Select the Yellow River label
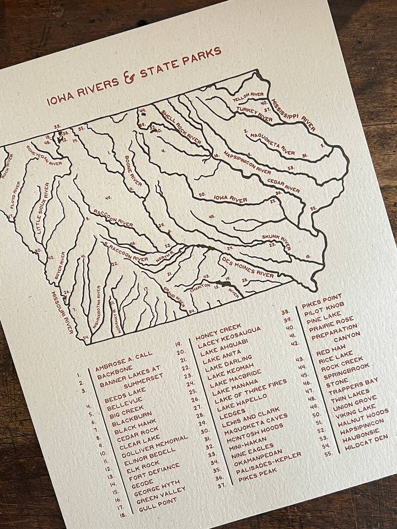coord(249,98)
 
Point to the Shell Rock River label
coord(181,128)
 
